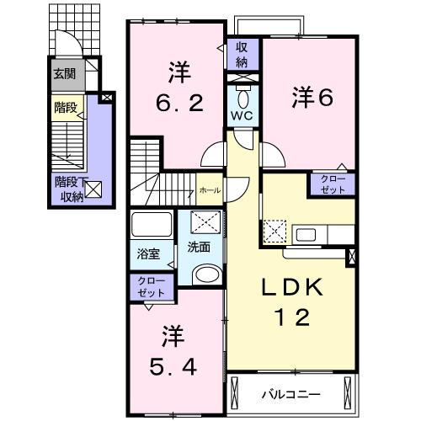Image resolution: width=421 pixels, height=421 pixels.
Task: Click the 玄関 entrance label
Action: [x=65, y=74]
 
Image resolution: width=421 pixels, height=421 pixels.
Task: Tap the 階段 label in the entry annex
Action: [x=65, y=108]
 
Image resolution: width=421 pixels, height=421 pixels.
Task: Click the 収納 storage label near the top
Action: [x=242, y=55]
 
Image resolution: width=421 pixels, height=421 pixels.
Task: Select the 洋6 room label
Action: [x=313, y=97]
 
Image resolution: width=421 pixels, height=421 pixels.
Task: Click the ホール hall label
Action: [x=210, y=191]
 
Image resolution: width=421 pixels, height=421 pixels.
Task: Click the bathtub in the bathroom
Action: [x=152, y=226]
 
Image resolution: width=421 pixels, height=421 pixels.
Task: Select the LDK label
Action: [x=290, y=287]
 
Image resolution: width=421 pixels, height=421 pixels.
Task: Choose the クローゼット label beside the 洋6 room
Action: [x=332, y=184]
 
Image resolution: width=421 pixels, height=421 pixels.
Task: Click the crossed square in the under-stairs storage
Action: [x=93, y=190]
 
